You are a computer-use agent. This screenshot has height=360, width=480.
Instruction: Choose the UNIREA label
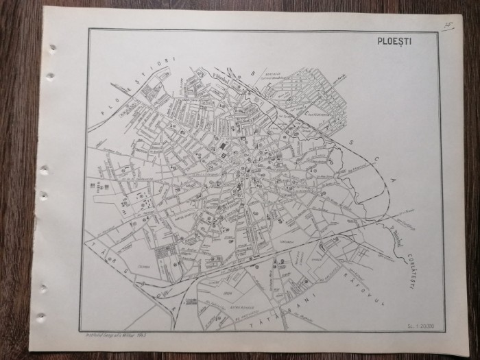[x=307, y=260]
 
